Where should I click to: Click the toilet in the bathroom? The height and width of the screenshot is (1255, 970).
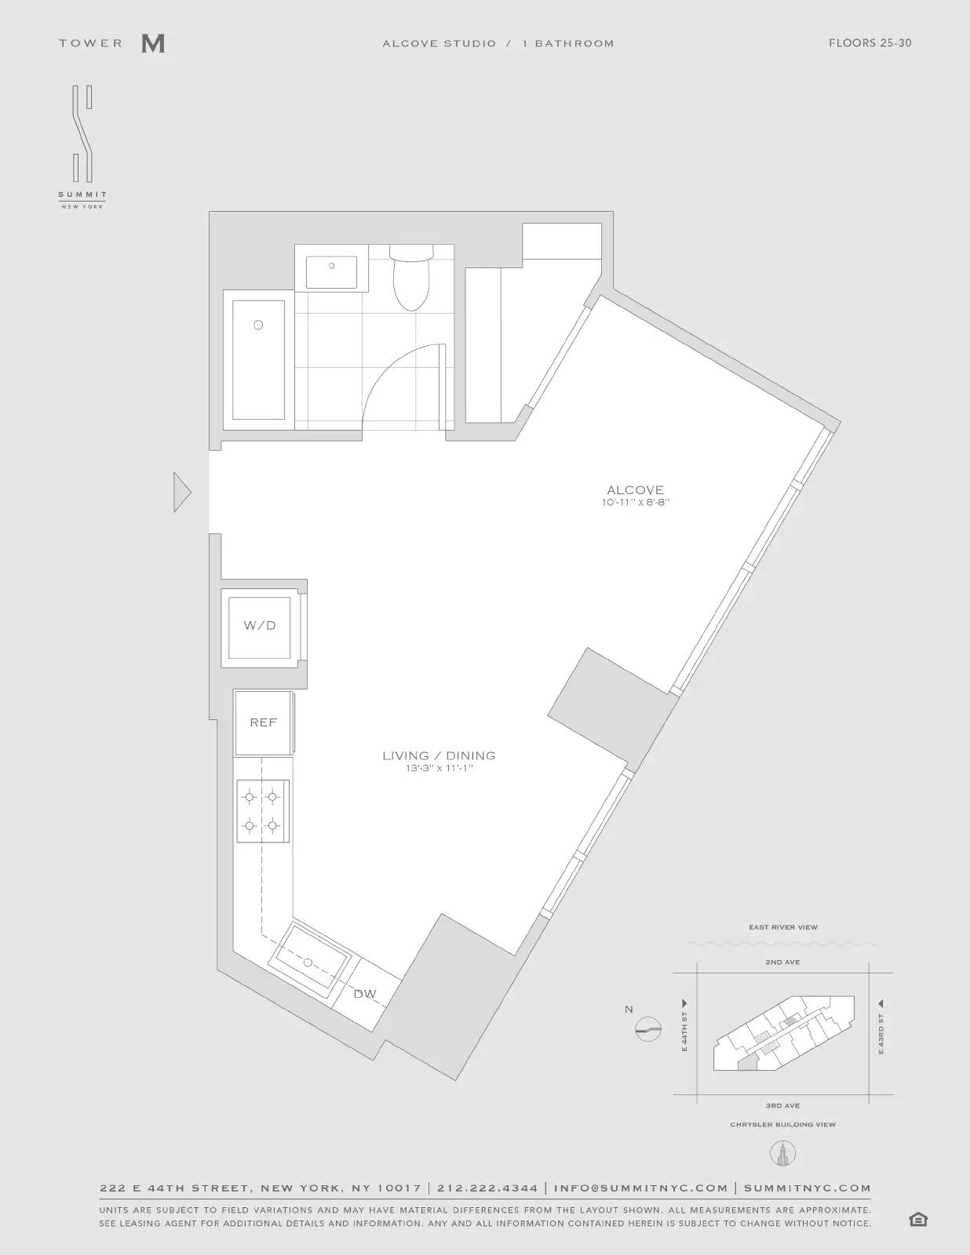[412, 281]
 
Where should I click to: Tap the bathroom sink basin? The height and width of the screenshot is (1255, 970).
[332, 271]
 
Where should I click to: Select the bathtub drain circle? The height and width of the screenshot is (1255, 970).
[258, 325]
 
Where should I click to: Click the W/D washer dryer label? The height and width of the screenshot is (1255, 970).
[260, 626]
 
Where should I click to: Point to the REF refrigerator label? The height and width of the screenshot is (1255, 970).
[263, 722]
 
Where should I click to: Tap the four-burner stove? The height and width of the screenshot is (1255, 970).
[262, 811]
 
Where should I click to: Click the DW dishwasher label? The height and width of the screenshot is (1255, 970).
[365, 994]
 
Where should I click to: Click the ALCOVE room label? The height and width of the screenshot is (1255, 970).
[635, 490]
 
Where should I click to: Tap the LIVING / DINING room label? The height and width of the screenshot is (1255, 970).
[439, 755]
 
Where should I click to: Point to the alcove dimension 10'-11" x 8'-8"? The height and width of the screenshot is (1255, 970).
[636, 503]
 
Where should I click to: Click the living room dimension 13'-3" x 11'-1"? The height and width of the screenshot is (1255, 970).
[439, 769]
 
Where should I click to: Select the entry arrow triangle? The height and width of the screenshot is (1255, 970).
[182, 493]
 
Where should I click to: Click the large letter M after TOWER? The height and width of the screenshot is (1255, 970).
[153, 44]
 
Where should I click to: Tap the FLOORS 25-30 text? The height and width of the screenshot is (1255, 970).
[870, 43]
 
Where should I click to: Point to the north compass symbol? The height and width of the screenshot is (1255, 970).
[648, 1028]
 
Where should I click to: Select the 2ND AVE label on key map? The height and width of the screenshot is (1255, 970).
[782, 962]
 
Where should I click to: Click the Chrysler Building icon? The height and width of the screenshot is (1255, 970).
[782, 1153]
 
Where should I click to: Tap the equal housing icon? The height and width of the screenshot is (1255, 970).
[917, 1220]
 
